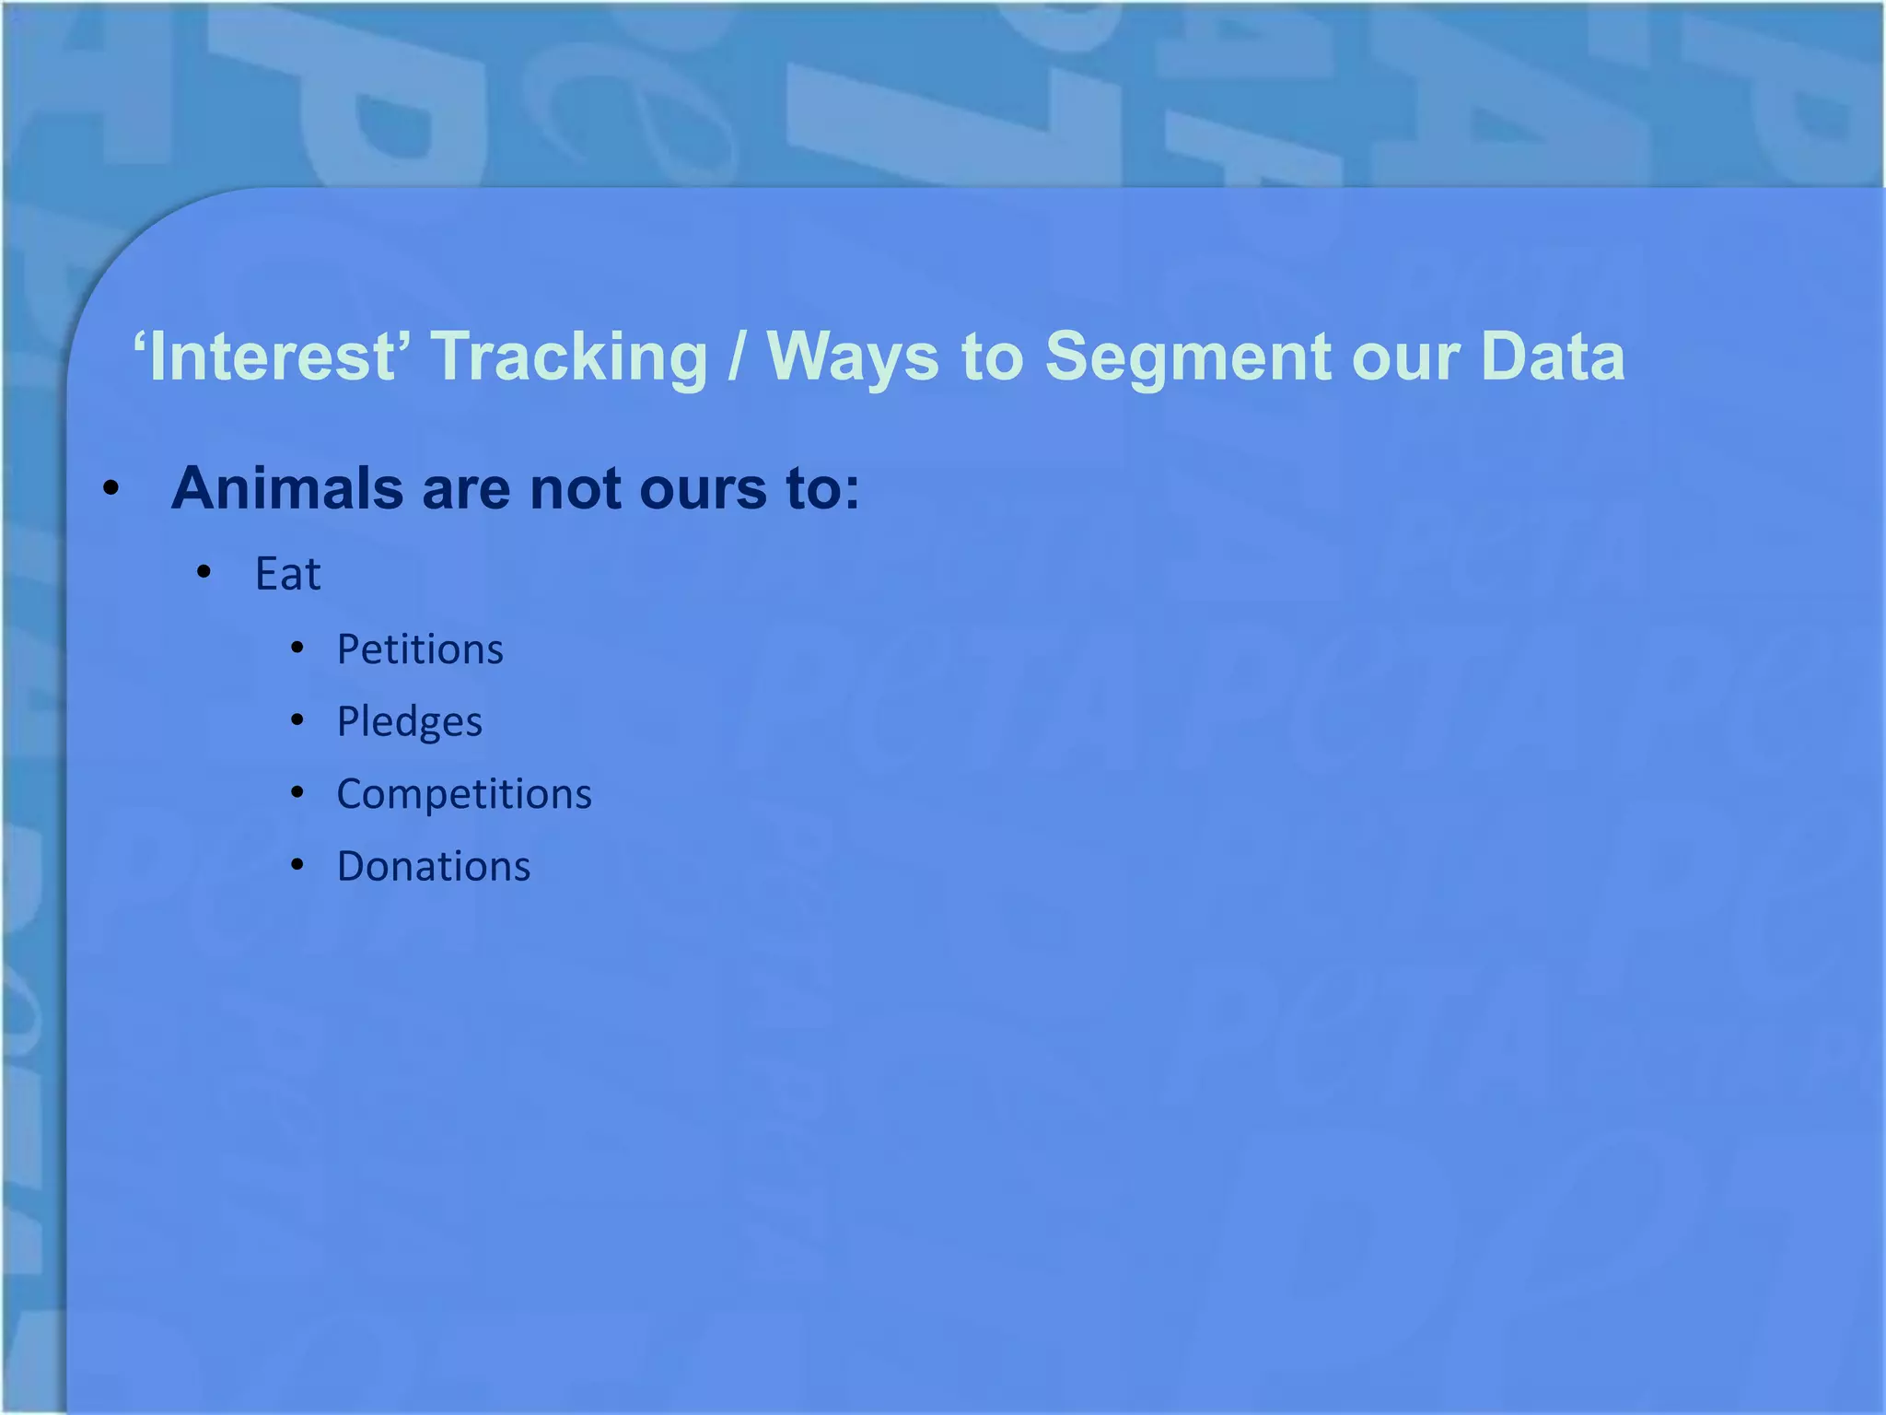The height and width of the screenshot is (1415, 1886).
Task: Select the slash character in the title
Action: coord(736,357)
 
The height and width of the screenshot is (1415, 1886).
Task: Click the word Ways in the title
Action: coord(853,357)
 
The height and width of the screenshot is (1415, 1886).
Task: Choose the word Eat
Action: coord(288,575)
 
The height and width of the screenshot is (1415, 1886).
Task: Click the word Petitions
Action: coord(420,649)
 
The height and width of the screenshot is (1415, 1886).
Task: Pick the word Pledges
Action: coord(409,722)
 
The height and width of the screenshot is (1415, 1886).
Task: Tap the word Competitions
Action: coord(464,794)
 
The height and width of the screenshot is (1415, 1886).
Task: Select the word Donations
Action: coord(434,867)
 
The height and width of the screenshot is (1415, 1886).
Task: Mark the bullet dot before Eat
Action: coord(204,573)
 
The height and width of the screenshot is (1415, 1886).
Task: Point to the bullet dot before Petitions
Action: coord(297,649)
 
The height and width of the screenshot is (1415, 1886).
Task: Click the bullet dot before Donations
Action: coord(297,865)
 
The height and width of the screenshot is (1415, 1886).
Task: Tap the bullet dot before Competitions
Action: coord(297,792)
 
